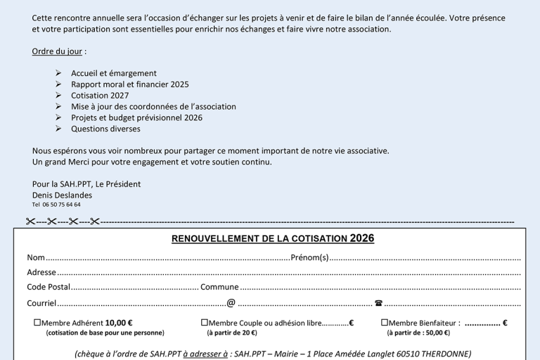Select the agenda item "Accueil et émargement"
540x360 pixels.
point(113,73)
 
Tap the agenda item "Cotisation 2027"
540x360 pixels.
point(99,96)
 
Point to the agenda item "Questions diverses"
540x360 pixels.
point(105,129)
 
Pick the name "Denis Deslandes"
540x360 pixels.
point(62,195)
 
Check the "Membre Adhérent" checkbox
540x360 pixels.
point(37,323)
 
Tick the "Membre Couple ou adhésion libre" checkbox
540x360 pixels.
point(204,323)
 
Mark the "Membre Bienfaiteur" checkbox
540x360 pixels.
point(385,323)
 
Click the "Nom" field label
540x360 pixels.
point(36,257)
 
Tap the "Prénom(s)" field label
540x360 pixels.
point(309,257)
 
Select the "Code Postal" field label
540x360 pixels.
point(49,287)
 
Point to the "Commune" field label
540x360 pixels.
point(219,287)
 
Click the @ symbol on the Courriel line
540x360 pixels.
point(231,303)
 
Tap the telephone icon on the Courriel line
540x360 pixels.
point(378,303)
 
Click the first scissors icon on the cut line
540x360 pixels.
point(30,222)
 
